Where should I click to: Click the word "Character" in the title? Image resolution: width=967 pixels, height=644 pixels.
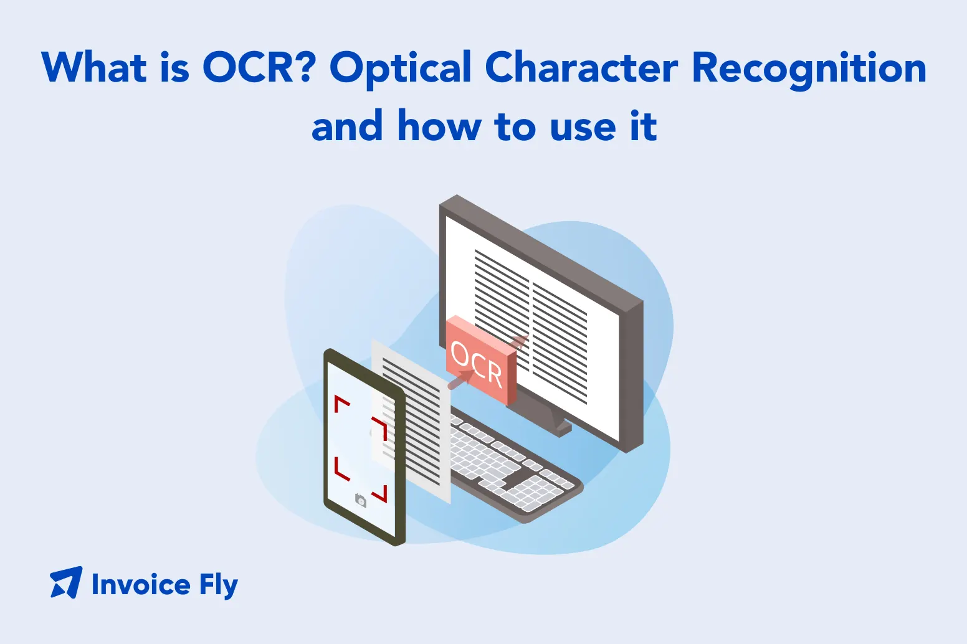tap(581, 67)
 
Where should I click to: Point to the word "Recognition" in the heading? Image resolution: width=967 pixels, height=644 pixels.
tap(809, 69)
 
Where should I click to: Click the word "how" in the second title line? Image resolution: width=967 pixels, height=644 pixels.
tap(439, 126)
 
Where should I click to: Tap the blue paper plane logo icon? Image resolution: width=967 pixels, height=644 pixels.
tap(66, 583)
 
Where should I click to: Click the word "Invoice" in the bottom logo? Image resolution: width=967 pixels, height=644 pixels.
tap(141, 585)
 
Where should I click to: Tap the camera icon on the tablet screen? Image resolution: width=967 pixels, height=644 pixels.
tap(360, 500)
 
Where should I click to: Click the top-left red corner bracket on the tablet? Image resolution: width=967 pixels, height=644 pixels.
tap(341, 404)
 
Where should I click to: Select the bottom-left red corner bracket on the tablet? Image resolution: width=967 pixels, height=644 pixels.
tap(341, 469)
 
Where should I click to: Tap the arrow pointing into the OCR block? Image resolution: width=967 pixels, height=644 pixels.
tap(461, 379)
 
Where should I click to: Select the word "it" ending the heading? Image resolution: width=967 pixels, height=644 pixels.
tap(643, 126)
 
